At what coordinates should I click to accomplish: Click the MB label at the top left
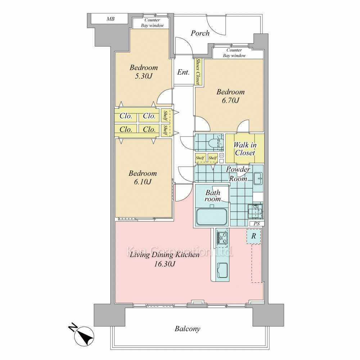pyautogui.click(x=111, y=19)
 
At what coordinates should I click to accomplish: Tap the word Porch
pyautogui.click(x=200, y=33)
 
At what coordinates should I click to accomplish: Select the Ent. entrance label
pyautogui.click(x=183, y=72)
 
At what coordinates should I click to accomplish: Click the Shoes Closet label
pyautogui.click(x=198, y=72)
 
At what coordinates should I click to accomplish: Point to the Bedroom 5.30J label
pyautogui.click(x=144, y=72)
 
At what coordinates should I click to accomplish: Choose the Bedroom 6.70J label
pyautogui.click(x=230, y=96)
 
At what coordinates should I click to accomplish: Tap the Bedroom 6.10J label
pyautogui.click(x=143, y=177)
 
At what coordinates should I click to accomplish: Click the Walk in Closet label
pyautogui.click(x=245, y=149)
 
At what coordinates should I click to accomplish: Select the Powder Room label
pyautogui.click(x=238, y=174)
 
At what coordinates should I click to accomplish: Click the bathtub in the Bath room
pyautogui.click(x=211, y=216)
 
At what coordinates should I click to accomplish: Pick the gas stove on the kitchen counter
pyautogui.click(x=222, y=238)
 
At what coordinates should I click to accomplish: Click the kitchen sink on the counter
pyautogui.click(x=222, y=270)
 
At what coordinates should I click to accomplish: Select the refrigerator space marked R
pyautogui.click(x=254, y=236)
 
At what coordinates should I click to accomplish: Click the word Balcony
pyautogui.click(x=187, y=329)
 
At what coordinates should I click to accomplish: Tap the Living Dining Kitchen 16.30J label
pyautogui.click(x=165, y=259)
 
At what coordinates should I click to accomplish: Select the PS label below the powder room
pyautogui.click(x=257, y=224)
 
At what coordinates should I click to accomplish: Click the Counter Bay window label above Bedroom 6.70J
pyautogui.click(x=234, y=53)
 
